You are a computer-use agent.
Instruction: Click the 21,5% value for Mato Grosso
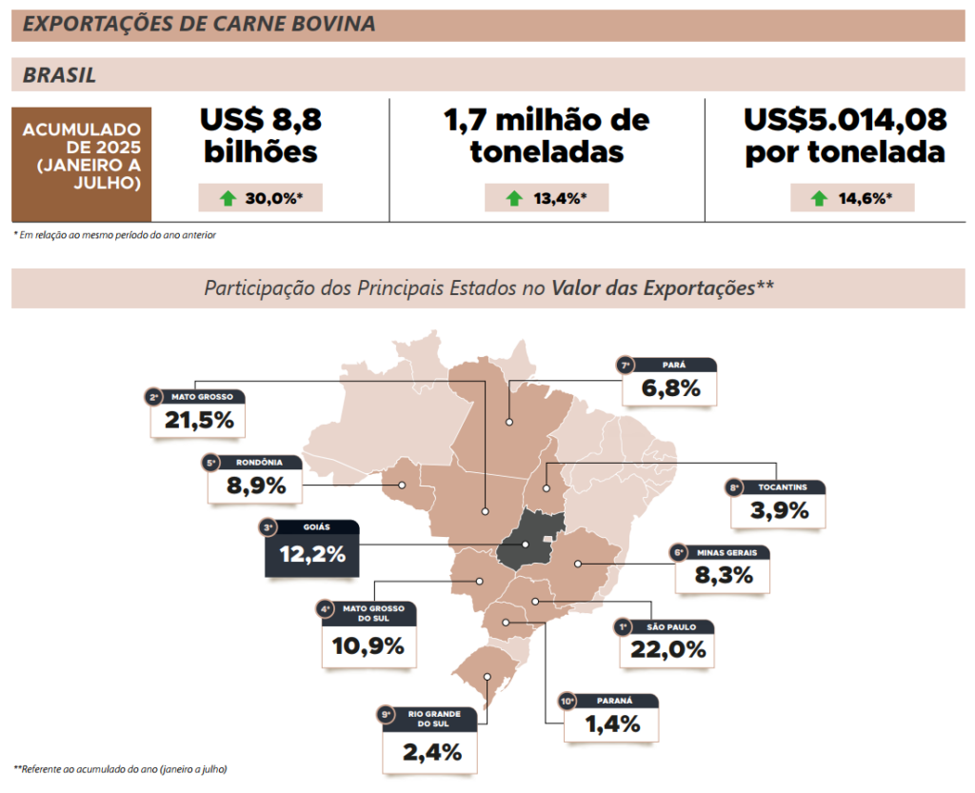point(199,420)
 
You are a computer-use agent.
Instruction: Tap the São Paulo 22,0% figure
point(667,649)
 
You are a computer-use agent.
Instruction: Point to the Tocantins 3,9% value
point(778,510)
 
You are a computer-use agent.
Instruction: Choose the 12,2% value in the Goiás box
point(311,554)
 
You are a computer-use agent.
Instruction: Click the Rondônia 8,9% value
point(254,486)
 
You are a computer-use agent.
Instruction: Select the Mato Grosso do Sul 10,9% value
point(368,645)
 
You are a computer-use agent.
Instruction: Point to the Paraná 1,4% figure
point(612,724)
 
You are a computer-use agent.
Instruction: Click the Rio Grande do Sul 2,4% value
point(431,752)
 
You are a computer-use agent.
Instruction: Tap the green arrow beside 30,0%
point(227,199)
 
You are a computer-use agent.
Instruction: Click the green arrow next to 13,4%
point(514,199)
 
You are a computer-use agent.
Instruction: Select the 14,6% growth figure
point(863,199)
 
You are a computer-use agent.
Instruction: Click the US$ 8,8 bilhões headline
point(260,136)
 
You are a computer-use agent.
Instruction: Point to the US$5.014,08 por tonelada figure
point(845,136)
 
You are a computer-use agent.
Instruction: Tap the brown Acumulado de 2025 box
point(81,163)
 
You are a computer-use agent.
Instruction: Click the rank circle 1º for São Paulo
point(623,626)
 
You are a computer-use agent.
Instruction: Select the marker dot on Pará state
point(509,421)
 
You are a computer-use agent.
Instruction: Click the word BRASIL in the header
point(59,75)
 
